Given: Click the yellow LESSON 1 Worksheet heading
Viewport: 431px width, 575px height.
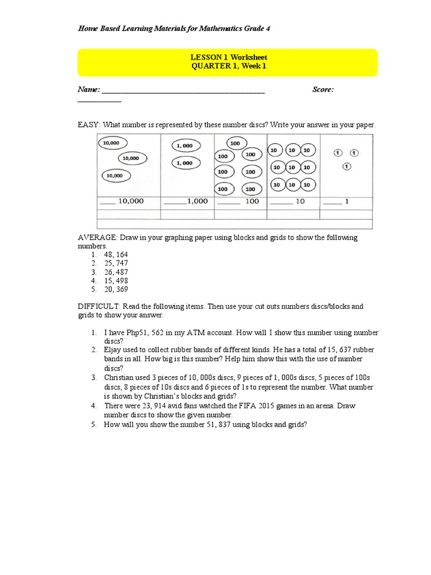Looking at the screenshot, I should point(227,57).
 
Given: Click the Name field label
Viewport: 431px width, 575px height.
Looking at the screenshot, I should point(88,89).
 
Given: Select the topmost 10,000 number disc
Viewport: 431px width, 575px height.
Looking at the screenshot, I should point(112,143).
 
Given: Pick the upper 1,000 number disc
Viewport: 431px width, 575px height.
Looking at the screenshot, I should point(184,145).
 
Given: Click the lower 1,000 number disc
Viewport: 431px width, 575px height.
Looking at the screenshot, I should point(184,163).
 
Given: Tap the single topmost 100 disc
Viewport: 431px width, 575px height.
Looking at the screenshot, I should point(235,143).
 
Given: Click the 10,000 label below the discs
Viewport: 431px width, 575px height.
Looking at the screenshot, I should point(130,201).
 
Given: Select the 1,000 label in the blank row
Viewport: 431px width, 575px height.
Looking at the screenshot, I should point(197,201).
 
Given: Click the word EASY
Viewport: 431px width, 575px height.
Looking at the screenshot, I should point(88,125).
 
